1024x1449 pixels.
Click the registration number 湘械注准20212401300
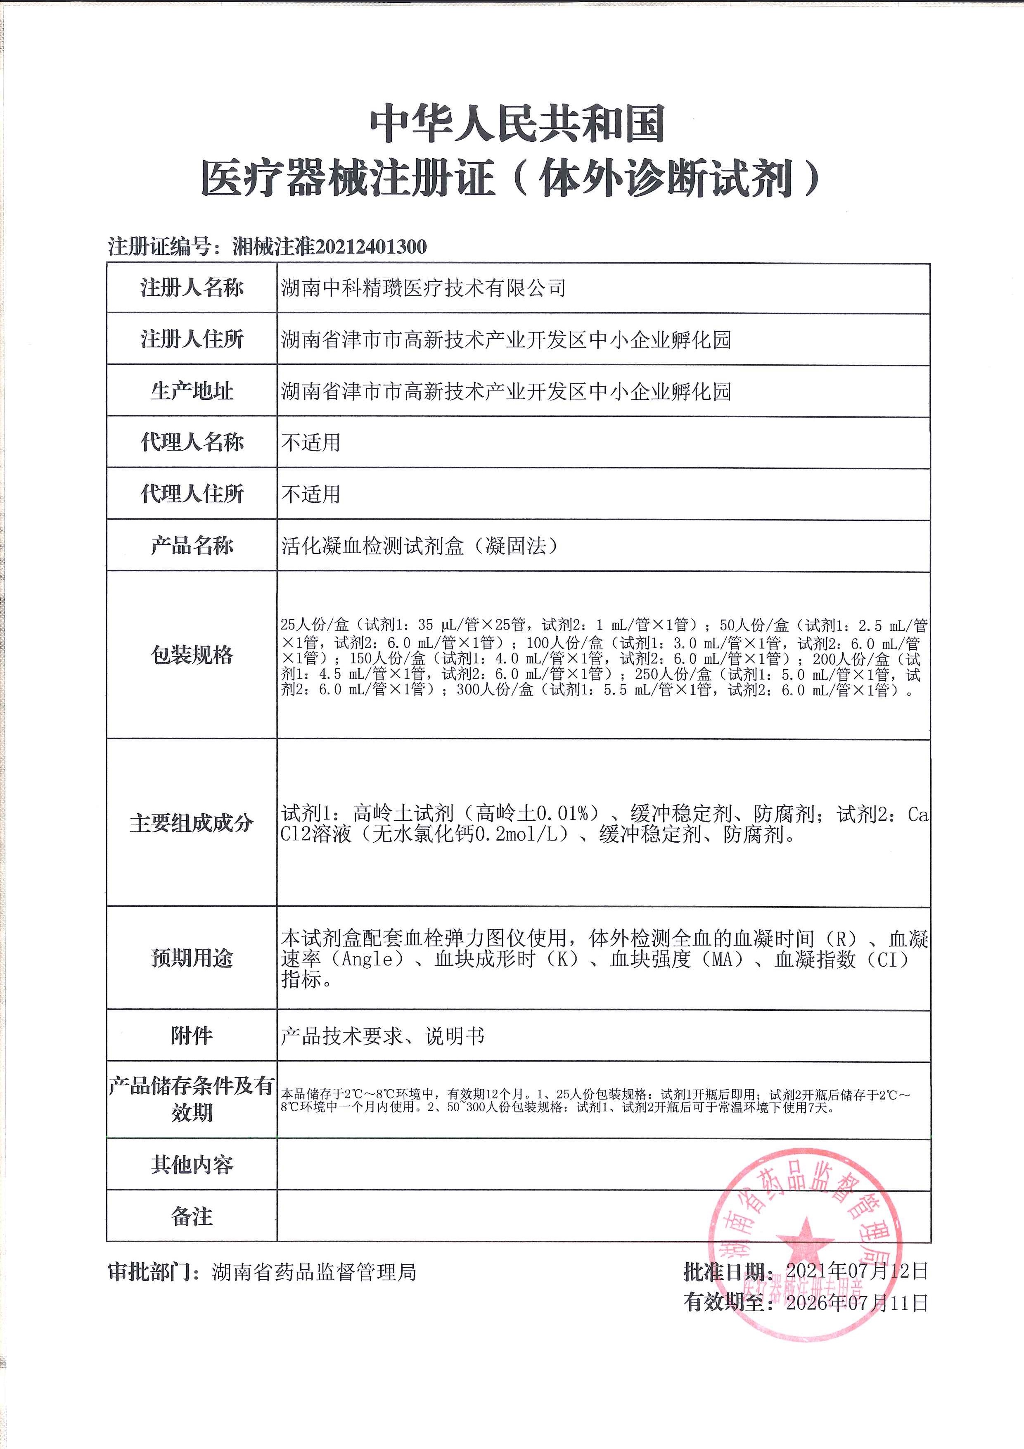[329, 246]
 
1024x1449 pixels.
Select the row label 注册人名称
[192, 288]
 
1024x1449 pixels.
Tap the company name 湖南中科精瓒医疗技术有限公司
[423, 288]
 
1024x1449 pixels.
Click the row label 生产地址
[192, 391]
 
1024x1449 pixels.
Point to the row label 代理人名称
[192, 442]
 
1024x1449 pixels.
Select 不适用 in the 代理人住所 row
[311, 494]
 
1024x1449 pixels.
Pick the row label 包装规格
[192, 655]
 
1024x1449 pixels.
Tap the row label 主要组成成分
[192, 823]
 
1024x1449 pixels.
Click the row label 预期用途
[192, 958]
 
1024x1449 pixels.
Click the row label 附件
[192, 1036]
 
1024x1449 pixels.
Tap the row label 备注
[192, 1216]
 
